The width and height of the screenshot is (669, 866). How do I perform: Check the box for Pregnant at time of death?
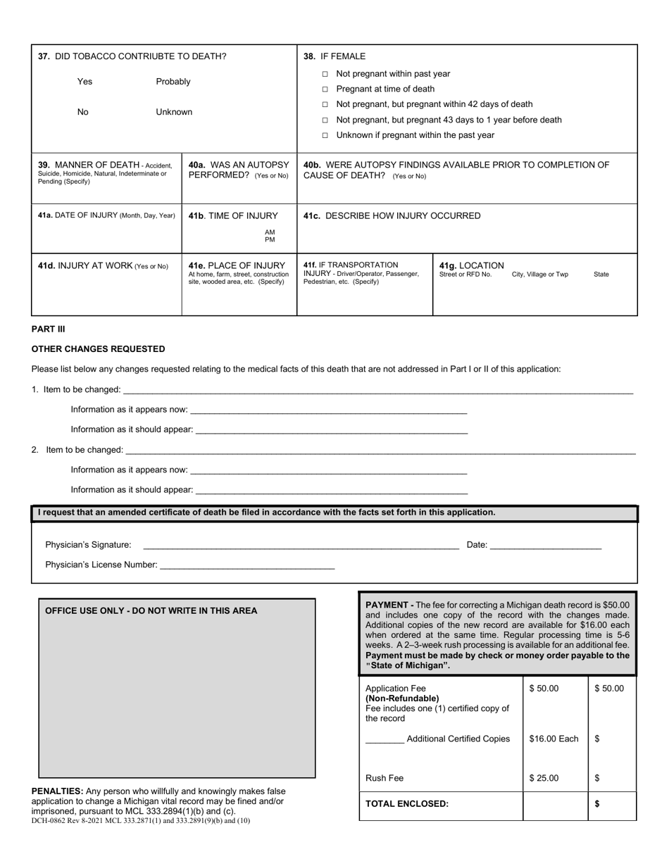point(325,89)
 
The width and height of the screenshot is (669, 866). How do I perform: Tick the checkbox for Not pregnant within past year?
point(325,74)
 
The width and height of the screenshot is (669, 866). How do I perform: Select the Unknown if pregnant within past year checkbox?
point(325,135)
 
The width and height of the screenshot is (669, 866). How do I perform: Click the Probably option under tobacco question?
point(173,82)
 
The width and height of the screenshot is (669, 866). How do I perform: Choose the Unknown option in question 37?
point(173,112)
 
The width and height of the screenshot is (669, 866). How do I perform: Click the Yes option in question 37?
point(85,82)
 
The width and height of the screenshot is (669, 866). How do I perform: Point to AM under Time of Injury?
point(270,232)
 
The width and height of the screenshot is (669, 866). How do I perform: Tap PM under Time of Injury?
point(270,240)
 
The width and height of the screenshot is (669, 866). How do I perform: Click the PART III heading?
point(49,329)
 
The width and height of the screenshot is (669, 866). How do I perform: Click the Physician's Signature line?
point(301,544)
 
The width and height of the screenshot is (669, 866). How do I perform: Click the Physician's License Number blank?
point(247,564)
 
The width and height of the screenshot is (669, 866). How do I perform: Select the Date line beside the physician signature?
point(545,544)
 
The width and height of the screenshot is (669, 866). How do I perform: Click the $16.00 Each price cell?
point(554,739)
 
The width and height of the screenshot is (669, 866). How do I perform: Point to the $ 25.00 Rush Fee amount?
point(544,778)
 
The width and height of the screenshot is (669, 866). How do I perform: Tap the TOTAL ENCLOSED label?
point(407,803)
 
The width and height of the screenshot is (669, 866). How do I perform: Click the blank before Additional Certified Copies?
point(385,739)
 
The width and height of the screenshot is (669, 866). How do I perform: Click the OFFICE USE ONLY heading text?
point(151,610)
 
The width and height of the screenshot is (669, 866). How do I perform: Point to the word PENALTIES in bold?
point(57,791)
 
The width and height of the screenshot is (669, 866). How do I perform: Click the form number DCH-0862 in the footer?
point(52,820)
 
